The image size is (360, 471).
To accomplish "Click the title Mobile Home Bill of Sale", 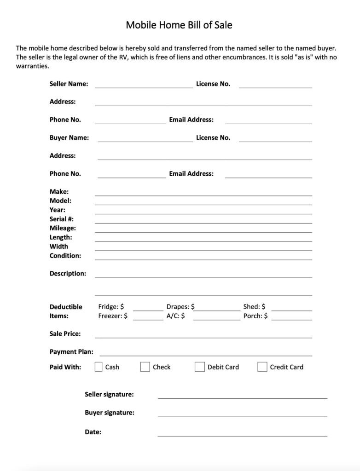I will point(179,25).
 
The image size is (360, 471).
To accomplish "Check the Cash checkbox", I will point(99,367).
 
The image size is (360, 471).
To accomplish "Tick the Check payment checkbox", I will point(145,367).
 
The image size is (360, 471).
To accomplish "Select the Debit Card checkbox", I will point(199,367).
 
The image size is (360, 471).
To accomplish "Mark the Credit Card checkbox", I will point(262,367).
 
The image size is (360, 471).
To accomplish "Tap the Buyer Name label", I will point(69,138).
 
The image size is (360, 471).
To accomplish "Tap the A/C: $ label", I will point(176,316).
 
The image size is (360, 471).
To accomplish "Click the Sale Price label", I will point(65,333).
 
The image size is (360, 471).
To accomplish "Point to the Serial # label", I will point(62,219).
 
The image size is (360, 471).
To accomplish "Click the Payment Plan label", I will point(71,352).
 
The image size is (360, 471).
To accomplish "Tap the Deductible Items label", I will point(66,311).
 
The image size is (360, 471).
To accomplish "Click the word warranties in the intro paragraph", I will point(32,66).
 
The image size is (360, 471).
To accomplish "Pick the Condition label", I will point(65,255).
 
